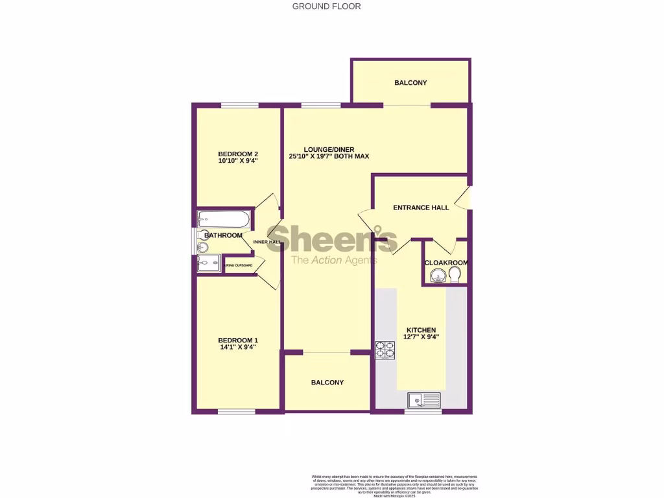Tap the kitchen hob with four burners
click(x=385, y=350)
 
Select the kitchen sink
click(x=423, y=400)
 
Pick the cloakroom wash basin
click(x=437, y=278)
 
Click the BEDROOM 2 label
click(x=238, y=154)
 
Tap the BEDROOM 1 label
click(x=238, y=340)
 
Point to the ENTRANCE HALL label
click(x=421, y=207)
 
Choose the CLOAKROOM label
click(x=446, y=263)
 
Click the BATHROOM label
click(x=224, y=235)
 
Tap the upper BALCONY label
click(x=410, y=83)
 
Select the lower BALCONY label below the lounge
click(x=327, y=383)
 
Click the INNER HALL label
click(x=266, y=242)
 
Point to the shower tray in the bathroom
click(x=209, y=263)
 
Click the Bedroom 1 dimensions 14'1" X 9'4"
click(x=238, y=347)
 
